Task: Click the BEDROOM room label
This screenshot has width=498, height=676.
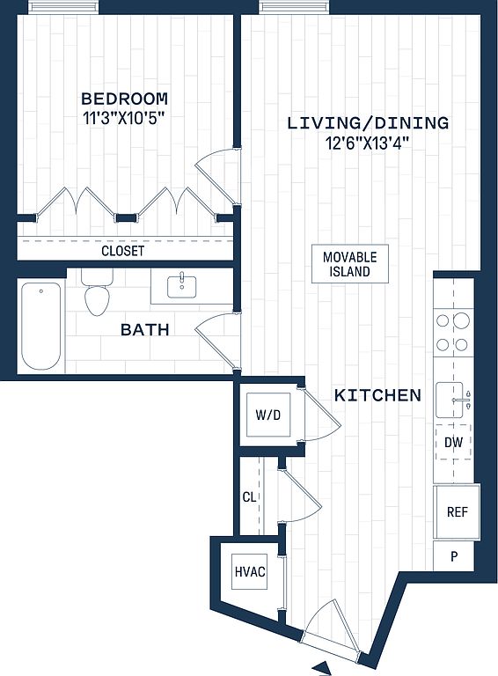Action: coord(125,99)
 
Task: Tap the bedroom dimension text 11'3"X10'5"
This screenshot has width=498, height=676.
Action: coord(125,118)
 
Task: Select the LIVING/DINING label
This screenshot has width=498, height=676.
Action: coord(368,123)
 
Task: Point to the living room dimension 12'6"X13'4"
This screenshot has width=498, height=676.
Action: coord(368,143)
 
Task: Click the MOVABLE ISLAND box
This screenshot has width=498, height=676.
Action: coord(350,264)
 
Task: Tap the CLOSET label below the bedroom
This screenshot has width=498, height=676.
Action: coord(123,251)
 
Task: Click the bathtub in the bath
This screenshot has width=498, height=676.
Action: coord(41,326)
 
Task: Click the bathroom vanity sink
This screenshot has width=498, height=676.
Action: coord(181,286)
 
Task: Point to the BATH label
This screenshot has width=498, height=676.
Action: coord(145,330)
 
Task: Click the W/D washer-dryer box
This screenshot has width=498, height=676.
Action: coord(268,415)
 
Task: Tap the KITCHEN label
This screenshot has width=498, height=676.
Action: coord(377,395)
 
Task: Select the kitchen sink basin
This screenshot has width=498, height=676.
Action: coord(450,400)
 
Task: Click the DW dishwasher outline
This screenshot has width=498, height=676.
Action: coord(453,443)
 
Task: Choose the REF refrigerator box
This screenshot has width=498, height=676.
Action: coord(457,511)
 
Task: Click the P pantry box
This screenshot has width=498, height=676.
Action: coord(453,556)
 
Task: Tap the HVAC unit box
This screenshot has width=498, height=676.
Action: coord(250,571)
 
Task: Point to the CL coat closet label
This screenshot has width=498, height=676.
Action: coord(249,497)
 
